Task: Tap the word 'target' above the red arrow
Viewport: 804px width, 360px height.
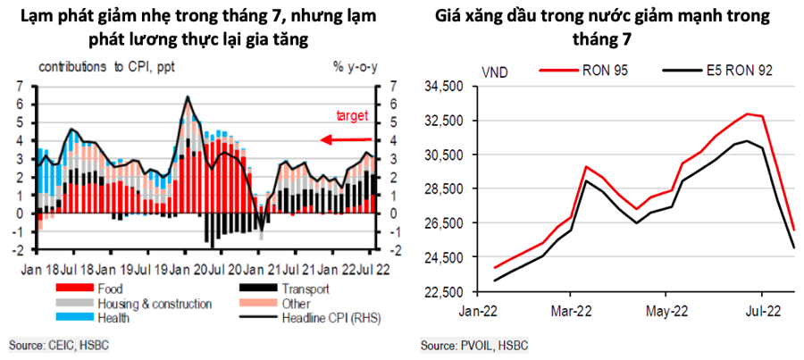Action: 352,115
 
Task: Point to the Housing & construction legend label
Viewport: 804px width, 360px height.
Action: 157,304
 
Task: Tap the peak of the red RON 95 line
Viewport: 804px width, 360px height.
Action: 749,114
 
